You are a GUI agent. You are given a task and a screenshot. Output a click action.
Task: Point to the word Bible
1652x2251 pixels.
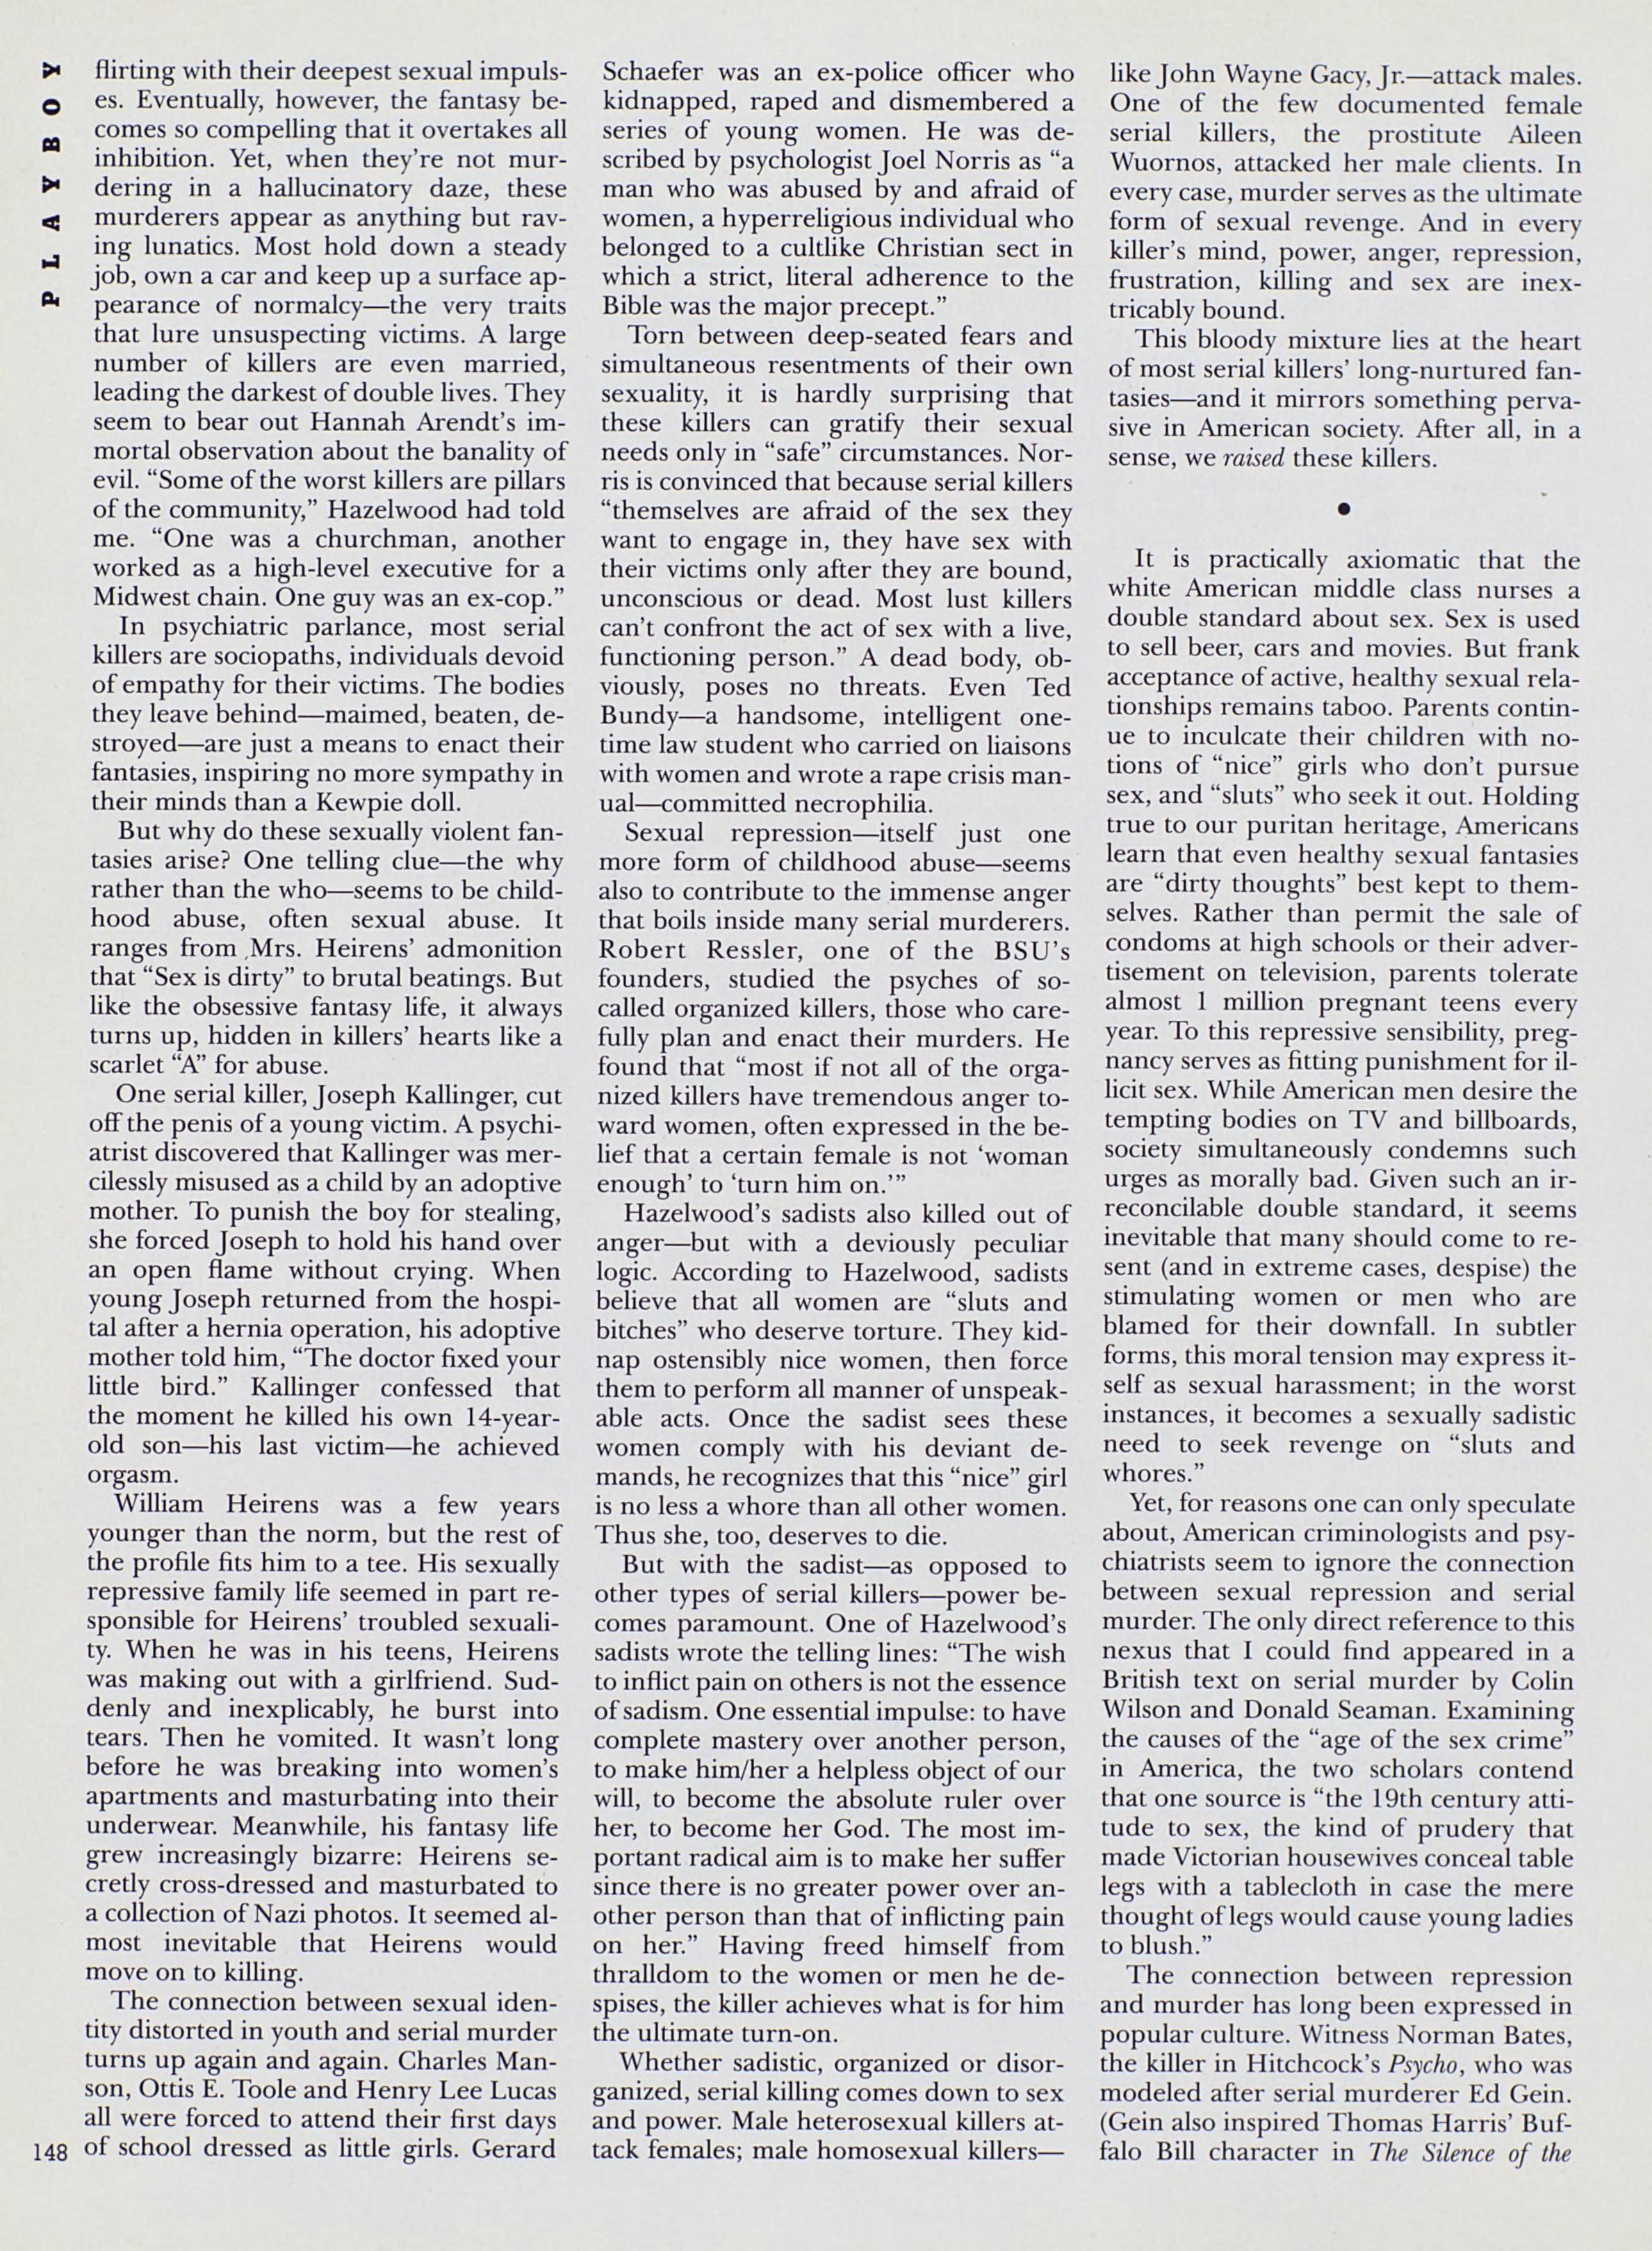(x=632, y=306)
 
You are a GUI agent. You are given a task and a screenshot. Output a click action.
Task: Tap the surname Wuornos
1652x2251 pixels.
(x=1156, y=162)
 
